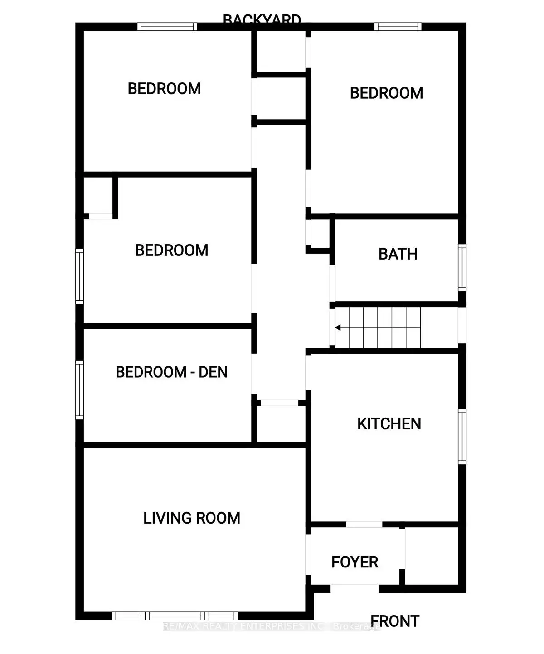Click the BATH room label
click(398, 254)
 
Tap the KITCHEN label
click(389, 424)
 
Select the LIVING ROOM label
click(191, 518)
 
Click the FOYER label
click(355, 562)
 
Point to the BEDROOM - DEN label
click(171, 372)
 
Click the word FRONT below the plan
click(395, 621)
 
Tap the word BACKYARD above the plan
click(262, 19)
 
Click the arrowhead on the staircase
click(338, 327)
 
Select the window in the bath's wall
click(462, 267)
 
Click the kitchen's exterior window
click(462, 436)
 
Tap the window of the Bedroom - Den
click(80, 390)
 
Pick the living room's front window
click(175, 616)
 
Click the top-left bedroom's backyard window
click(167, 27)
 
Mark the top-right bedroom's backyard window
click(398, 27)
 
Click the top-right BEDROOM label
click(386, 93)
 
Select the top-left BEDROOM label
click(164, 89)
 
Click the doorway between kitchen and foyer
click(364, 524)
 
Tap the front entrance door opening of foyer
click(355, 589)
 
